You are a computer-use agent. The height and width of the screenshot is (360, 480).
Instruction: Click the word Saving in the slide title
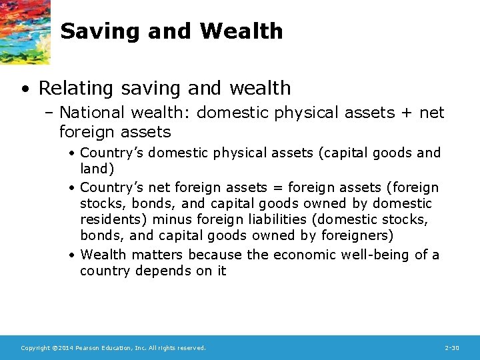coord(97,31)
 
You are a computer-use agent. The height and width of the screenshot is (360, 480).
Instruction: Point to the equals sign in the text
coord(279,187)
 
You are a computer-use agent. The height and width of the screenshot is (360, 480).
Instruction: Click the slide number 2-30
coord(451,348)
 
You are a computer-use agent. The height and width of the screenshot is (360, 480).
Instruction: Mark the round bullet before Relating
coord(25,89)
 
